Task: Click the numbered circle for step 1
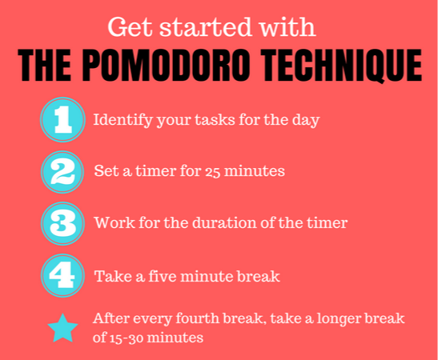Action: click(x=62, y=120)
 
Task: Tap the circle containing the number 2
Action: click(x=62, y=172)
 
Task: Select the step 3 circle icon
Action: click(x=62, y=224)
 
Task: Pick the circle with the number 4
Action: click(x=62, y=276)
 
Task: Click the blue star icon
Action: click(x=62, y=329)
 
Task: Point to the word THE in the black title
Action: click(x=44, y=66)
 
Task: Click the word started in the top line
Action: click(x=206, y=27)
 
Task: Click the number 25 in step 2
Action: click(x=212, y=172)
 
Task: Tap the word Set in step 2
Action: click(x=106, y=170)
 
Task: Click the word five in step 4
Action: click(x=163, y=276)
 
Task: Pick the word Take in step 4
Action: click(x=113, y=276)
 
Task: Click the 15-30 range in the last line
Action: click(x=127, y=338)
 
